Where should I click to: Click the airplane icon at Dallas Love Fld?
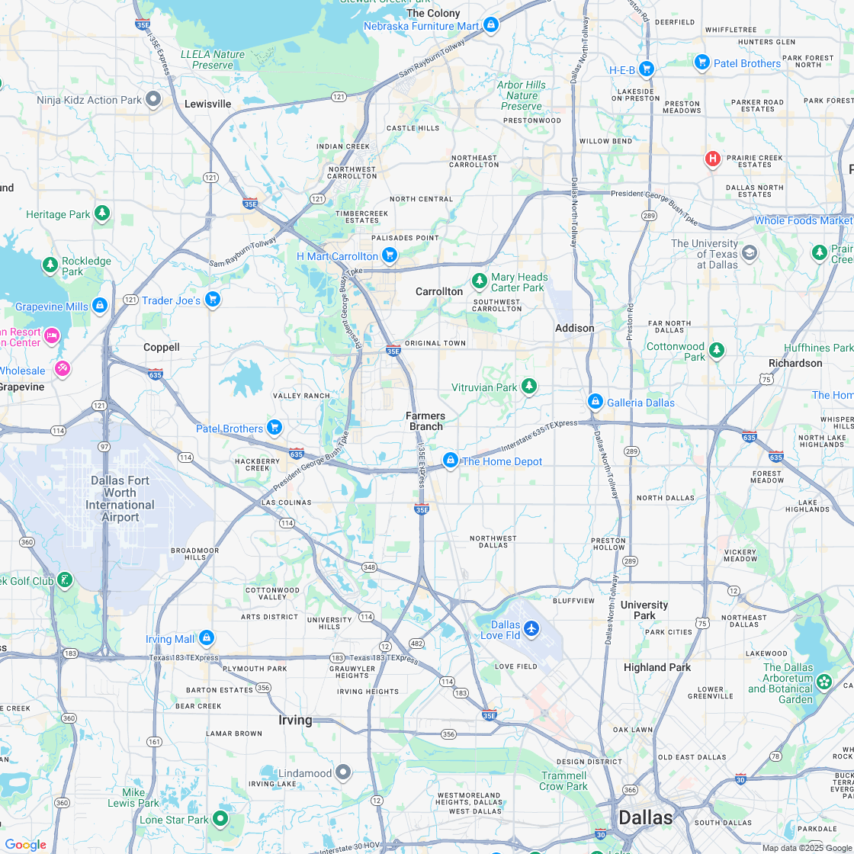tap(531, 629)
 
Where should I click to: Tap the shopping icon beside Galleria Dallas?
tap(596, 401)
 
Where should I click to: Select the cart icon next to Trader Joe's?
tap(213, 299)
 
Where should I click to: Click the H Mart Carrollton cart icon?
tap(390, 255)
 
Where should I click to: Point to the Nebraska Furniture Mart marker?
tap(490, 24)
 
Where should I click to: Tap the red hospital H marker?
tap(712, 159)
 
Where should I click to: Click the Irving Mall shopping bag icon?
tap(207, 637)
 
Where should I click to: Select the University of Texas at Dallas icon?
tap(750, 253)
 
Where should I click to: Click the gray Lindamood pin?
tap(343, 772)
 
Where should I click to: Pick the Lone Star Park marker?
tap(220, 818)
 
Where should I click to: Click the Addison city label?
tap(574, 328)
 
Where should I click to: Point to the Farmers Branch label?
tap(425, 421)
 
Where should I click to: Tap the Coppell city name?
tap(162, 347)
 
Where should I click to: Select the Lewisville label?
tap(207, 104)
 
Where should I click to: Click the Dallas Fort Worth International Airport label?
tap(120, 499)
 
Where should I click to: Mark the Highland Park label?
tap(657, 667)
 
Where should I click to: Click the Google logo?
tap(26, 844)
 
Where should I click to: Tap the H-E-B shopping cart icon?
tap(647, 69)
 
